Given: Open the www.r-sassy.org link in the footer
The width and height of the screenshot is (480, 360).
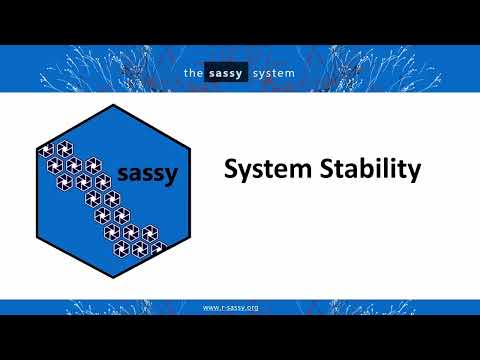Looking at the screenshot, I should pos(231,307).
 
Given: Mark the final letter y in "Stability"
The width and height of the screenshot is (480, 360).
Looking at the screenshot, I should pos(412,173).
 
